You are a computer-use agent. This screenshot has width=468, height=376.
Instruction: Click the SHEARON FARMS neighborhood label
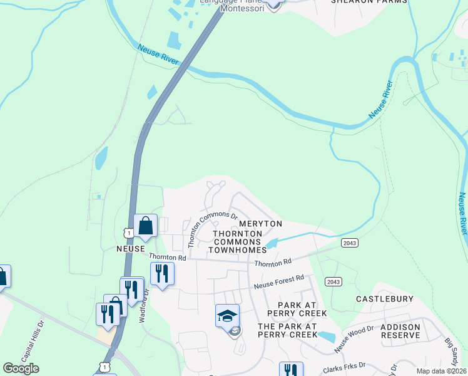click(369, 2)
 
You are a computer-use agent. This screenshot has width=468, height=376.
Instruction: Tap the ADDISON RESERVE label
click(400, 332)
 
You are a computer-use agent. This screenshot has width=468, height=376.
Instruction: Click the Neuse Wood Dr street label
click(354, 338)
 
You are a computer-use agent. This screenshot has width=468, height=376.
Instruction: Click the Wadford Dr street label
click(145, 303)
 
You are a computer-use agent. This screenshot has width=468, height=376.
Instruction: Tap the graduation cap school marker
click(227, 315)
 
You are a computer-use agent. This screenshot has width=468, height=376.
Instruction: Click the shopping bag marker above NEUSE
click(145, 226)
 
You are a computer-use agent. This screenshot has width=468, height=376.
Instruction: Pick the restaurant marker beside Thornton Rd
click(161, 273)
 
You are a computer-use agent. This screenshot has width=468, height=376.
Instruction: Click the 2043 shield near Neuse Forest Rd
click(333, 282)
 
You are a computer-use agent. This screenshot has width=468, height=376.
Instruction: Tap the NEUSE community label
click(113, 249)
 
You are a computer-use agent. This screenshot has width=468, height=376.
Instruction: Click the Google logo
click(21, 368)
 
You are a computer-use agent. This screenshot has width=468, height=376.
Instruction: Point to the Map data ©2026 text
click(440, 371)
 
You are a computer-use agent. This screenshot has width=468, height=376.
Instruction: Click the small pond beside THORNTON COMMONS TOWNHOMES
click(271, 243)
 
